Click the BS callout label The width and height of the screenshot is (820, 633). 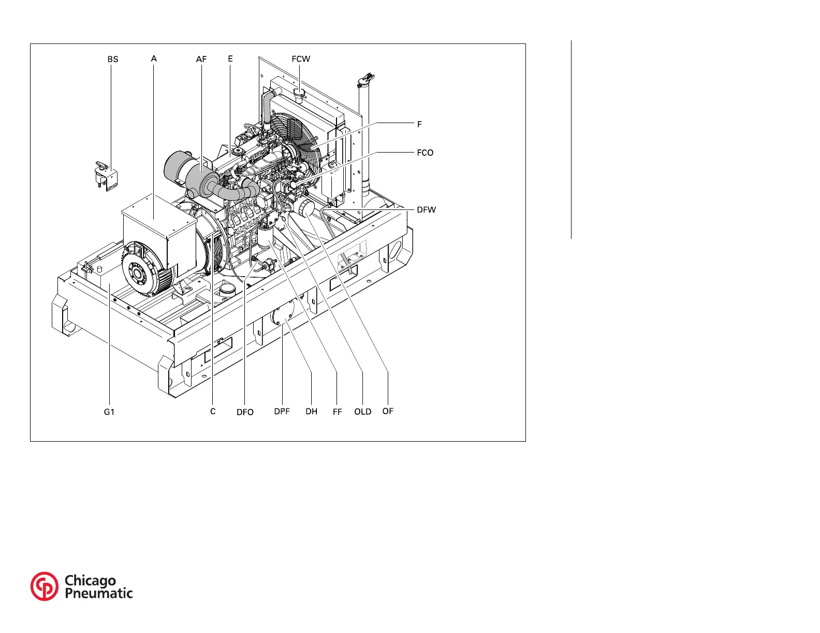[113, 59]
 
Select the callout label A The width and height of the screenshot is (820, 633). [154, 59]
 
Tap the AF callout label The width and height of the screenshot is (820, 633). [201, 59]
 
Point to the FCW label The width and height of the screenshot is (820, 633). [301, 59]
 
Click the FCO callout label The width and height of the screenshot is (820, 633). [425, 153]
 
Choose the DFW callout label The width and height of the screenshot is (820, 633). [427, 209]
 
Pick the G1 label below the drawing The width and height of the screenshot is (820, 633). [109, 412]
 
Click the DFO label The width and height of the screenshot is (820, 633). [245, 412]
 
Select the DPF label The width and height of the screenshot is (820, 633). [282, 412]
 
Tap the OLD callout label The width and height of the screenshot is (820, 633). [363, 412]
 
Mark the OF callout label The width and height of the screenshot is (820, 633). [388, 411]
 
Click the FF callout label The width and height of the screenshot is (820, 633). [338, 412]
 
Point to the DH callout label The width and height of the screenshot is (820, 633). [311, 412]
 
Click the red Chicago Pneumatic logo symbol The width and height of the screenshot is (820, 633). [45, 586]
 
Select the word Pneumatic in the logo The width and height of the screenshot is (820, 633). [98, 593]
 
